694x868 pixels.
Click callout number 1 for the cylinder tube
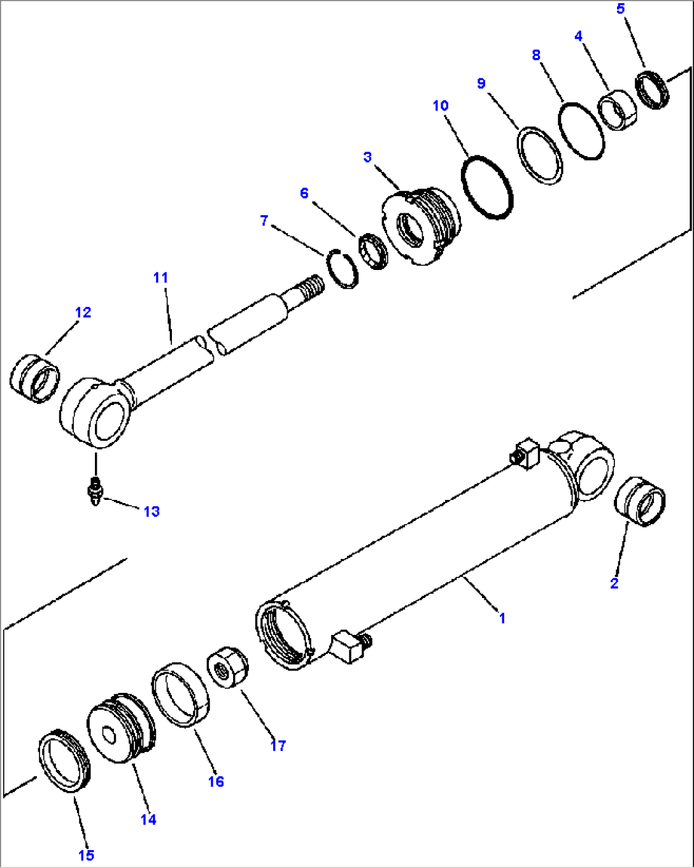(x=502, y=618)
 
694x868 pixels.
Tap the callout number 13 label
(x=151, y=511)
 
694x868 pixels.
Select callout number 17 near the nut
(x=278, y=745)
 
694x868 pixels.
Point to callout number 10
(x=441, y=106)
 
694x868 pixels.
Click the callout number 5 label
(x=621, y=9)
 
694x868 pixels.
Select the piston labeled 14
(x=120, y=729)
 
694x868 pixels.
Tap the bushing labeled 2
(x=640, y=501)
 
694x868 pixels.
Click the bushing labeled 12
(x=34, y=378)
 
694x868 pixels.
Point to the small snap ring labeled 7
(x=343, y=269)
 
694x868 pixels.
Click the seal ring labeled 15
(x=64, y=761)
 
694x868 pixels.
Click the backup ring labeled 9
(x=539, y=156)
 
